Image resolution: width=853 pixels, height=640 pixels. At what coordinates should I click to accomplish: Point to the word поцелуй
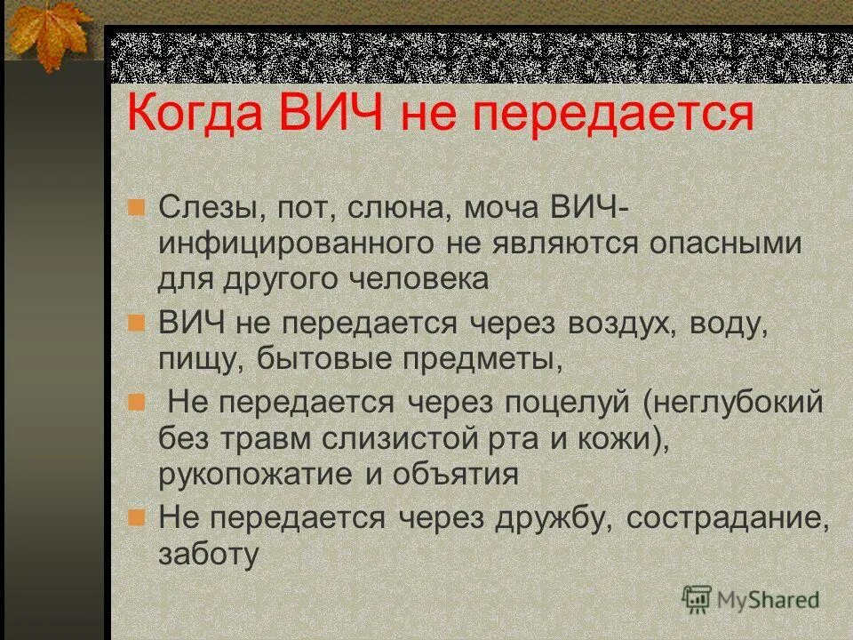[561, 402]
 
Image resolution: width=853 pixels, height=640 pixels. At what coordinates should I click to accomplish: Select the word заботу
[209, 555]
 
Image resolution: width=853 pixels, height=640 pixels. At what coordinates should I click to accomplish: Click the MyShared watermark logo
[751, 600]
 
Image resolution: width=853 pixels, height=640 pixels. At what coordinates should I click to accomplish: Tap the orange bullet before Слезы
[136, 208]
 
